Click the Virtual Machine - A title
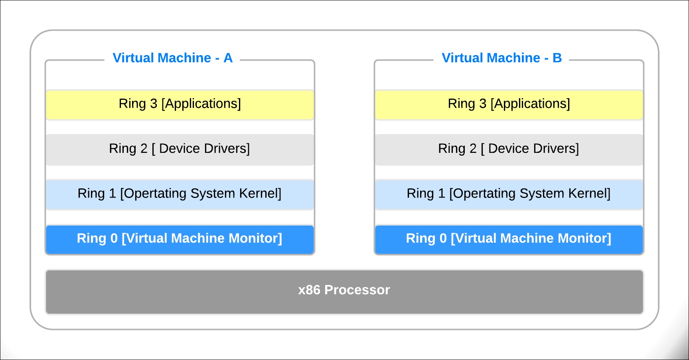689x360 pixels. point(172,58)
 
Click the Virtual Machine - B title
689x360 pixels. point(501,58)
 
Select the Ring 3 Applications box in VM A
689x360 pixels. point(180,105)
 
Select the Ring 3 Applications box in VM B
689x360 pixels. point(509,105)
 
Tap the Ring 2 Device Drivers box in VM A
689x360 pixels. point(180,150)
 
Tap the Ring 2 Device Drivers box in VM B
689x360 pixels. point(509,150)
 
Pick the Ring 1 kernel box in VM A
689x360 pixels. point(180,195)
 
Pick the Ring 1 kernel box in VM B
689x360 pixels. point(509,195)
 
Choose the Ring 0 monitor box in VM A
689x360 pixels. point(180,239)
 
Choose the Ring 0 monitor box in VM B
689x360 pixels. point(509,239)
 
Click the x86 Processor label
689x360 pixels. point(344,290)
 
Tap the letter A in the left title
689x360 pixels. point(228,58)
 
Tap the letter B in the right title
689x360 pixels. point(557,58)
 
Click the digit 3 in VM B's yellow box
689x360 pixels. point(483,104)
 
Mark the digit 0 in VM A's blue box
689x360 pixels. point(114,238)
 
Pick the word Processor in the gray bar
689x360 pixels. point(357,290)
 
